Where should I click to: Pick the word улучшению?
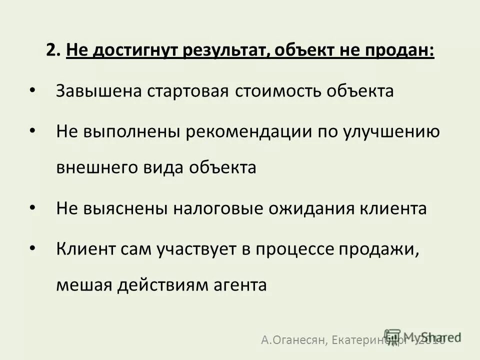391,132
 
